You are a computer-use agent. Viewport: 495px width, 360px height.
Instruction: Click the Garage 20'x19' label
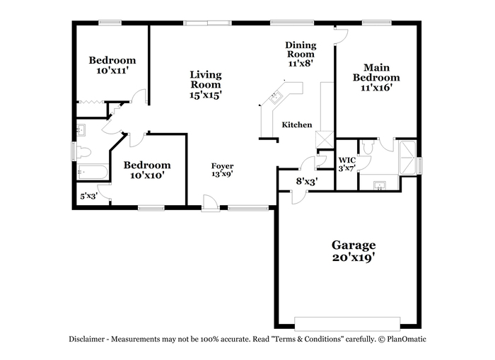click(x=354, y=251)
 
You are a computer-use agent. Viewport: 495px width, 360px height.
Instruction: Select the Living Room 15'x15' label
click(x=206, y=85)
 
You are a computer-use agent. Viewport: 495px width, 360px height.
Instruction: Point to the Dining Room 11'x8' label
click(x=301, y=54)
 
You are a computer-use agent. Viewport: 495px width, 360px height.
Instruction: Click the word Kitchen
click(x=297, y=124)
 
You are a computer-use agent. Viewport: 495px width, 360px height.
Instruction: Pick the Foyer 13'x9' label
click(x=222, y=170)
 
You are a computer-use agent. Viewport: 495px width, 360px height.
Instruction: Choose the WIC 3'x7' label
click(x=347, y=164)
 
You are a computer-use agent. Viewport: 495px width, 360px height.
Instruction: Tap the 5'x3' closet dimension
click(x=88, y=196)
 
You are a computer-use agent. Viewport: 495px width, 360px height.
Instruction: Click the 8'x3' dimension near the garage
click(x=306, y=181)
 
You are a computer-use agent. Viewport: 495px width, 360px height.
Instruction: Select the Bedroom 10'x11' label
click(x=112, y=65)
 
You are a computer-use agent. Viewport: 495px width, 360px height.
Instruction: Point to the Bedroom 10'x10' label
click(x=147, y=170)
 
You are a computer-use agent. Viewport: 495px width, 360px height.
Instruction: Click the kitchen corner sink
click(x=276, y=97)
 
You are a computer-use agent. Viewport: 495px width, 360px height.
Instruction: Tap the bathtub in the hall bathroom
click(x=93, y=172)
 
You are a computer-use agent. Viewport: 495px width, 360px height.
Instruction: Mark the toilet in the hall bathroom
click(x=83, y=153)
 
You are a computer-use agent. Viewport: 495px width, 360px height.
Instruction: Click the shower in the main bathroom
click(x=407, y=157)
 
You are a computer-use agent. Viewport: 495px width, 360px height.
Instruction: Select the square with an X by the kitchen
click(x=325, y=140)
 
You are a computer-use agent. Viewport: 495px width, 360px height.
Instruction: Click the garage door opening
click(x=347, y=324)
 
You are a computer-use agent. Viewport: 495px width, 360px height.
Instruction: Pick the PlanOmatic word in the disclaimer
click(x=407, y=339)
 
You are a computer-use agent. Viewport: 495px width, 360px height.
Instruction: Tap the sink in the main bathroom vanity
click(x=380, y=186)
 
